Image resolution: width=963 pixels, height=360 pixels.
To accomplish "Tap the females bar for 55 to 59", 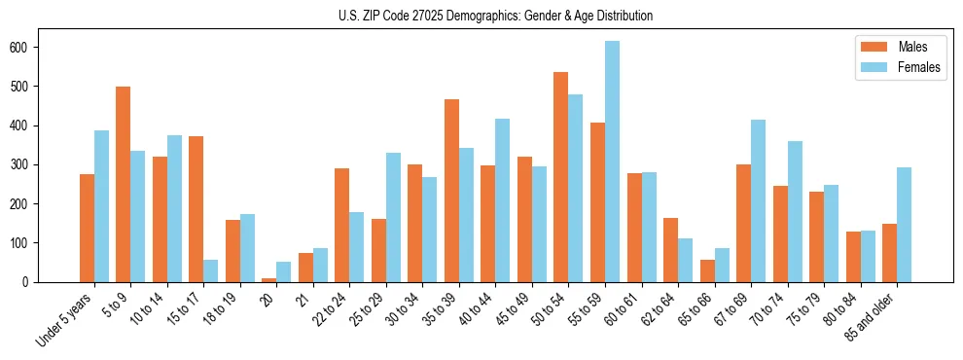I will click(612, 162).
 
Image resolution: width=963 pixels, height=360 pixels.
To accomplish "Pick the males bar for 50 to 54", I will click(560, 177).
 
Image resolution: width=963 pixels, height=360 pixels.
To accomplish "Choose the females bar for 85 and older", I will click(904, 225).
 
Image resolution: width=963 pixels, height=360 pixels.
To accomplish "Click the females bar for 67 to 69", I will click(758, 200).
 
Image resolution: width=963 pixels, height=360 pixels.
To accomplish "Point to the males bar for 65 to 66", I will click(707, 270).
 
